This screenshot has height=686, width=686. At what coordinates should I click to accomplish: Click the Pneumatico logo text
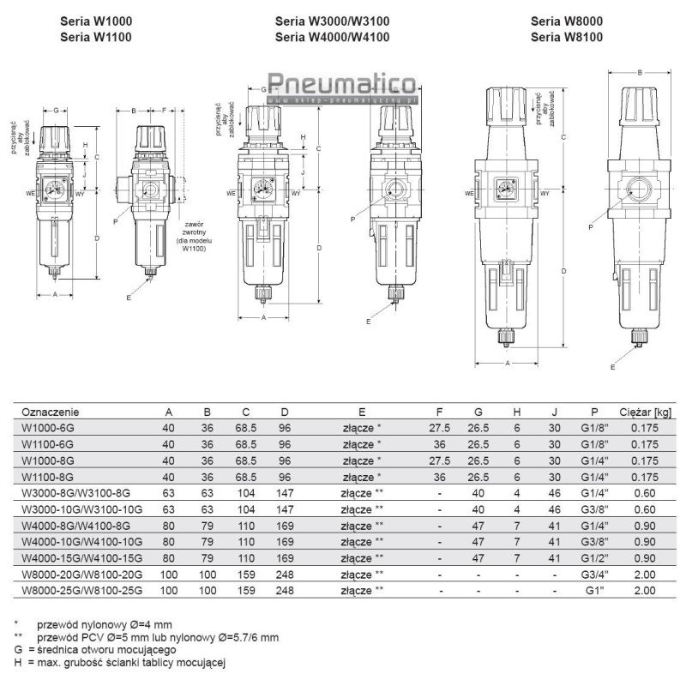(341, 84)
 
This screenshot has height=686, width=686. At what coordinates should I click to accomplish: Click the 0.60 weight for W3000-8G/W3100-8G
(646, 494)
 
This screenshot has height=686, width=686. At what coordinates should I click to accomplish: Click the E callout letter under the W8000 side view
(612, 367)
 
